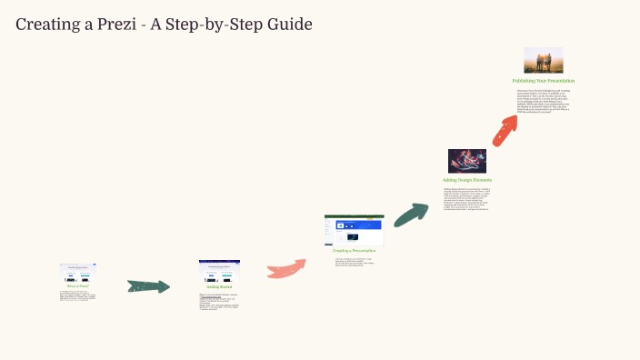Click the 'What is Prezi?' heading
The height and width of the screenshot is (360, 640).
click(x=77, y=285)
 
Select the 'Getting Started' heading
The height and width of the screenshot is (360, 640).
click(x=219, y=286)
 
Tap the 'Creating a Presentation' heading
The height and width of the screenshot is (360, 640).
click(x=354, y=250)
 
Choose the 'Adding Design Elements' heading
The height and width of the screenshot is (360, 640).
click(x=466, y=180)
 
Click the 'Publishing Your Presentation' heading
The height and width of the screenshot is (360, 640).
click(x=543, y=81)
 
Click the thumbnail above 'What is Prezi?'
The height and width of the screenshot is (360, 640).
click(x=77, y=272)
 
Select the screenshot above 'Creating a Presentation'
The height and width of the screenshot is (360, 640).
click(x=354, y=230)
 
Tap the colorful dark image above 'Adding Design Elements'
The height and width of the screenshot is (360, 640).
click(x=466, y=161)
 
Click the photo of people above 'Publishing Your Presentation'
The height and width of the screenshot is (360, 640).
click(x=543, y=60)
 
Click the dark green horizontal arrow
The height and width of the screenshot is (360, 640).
click(x=148, y=286)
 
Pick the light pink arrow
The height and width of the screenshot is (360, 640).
click(x=286, y=268)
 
